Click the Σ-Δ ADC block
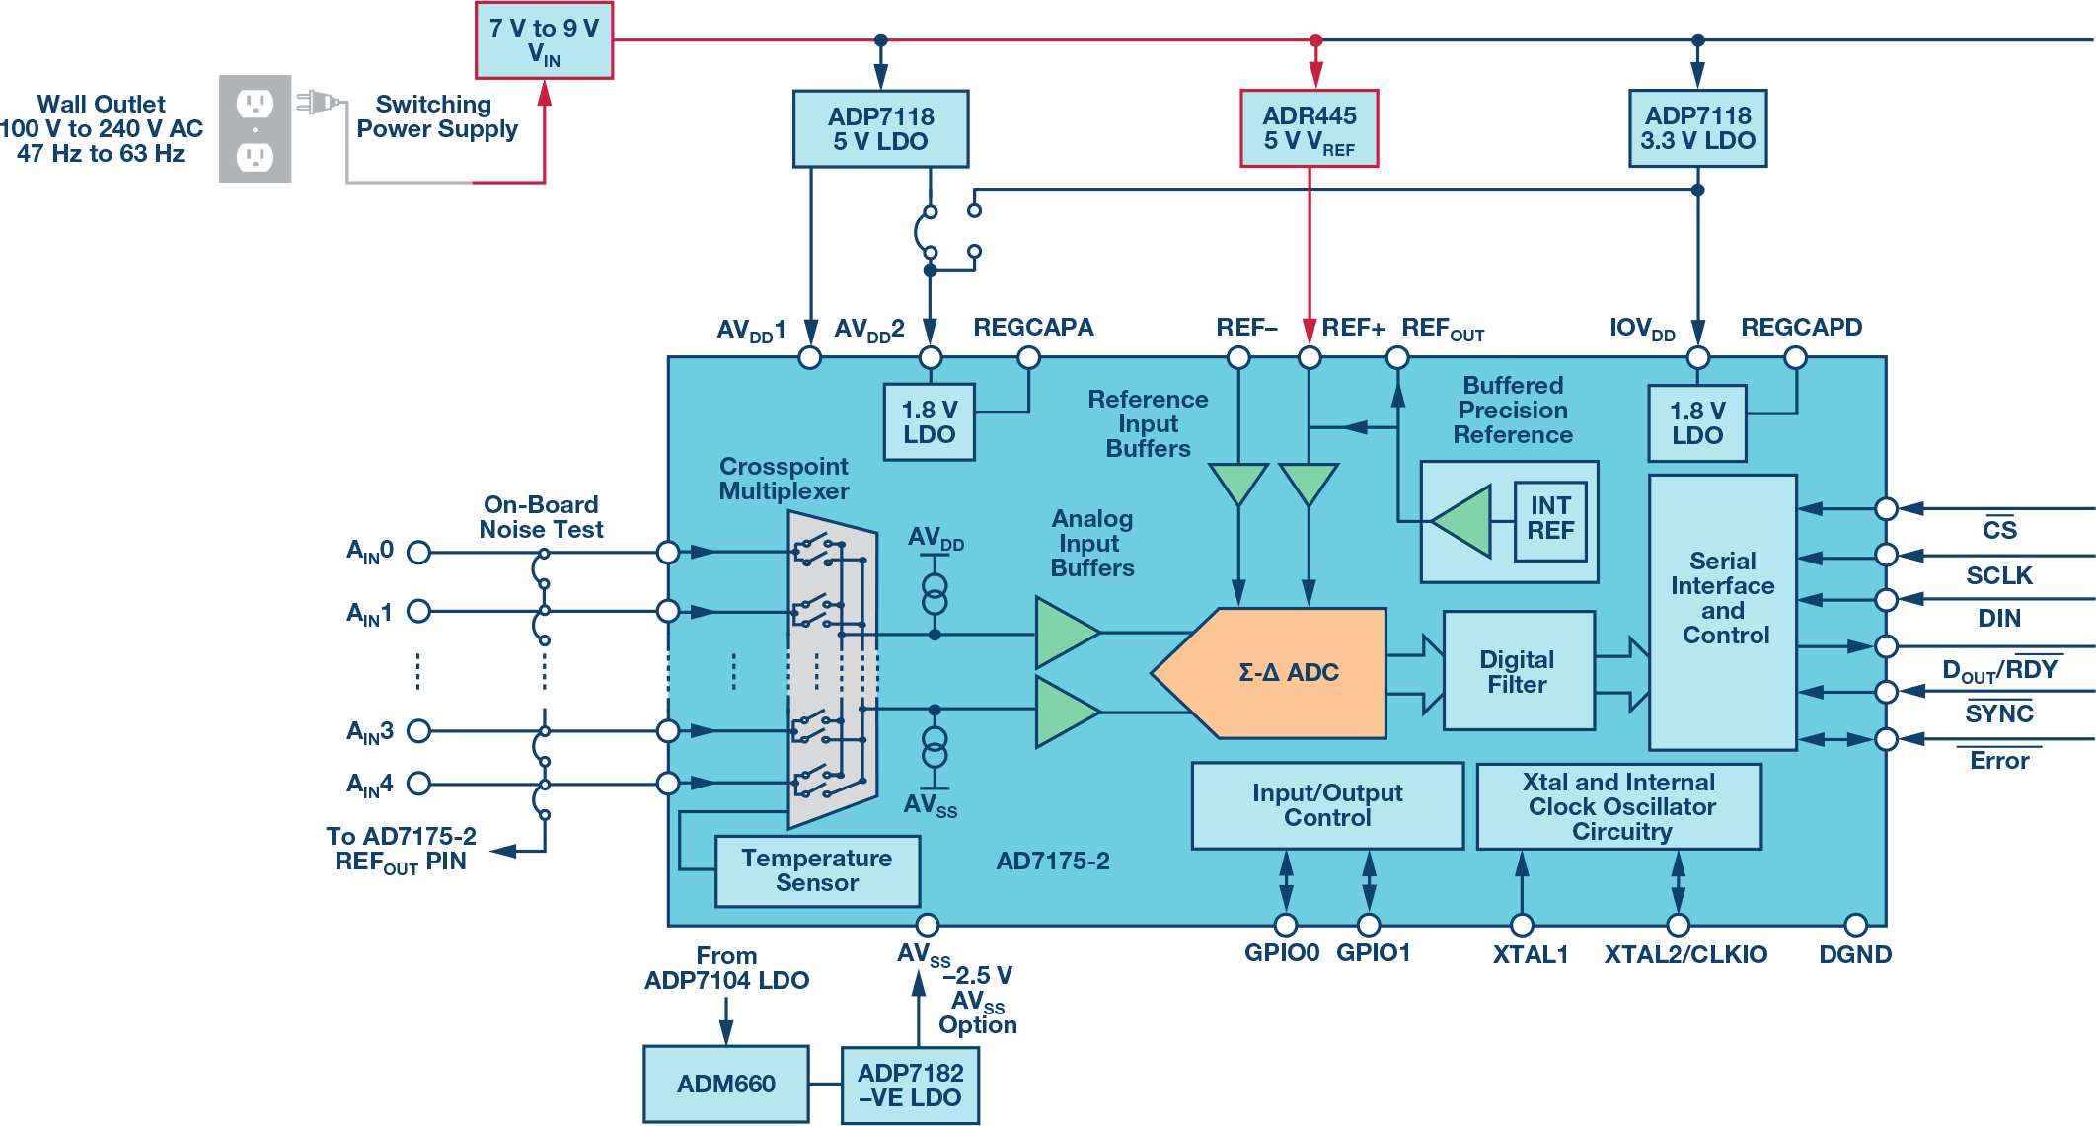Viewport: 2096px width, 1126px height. tap(1283, 673)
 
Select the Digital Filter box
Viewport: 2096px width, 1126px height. tap(1518, 671)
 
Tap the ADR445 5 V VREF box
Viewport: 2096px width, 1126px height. tap(1309, 129)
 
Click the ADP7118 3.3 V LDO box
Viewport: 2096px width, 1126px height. tap(1697, 128)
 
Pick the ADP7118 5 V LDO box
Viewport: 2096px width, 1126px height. tap(880, 129)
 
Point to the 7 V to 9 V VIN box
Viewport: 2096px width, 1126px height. tap(544, 40)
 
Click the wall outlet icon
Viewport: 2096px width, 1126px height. tap(255, 129)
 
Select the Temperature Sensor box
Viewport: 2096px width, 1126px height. tap(817, 870)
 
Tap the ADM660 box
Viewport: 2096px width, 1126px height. tap(725, 1084)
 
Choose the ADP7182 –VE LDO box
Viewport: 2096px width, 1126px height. tap(910, 1085)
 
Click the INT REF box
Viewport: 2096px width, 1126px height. tap(1550, 519)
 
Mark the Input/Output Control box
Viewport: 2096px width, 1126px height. tap(1327, 805)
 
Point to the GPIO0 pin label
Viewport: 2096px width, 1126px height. tap(1281, 953)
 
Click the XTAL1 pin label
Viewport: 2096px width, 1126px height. tap(1530, 955)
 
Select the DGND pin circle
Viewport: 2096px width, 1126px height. tap(1855, 925)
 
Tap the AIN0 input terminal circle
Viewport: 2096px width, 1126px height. tap(418, 553)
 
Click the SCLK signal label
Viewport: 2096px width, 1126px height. tap(1999, 576)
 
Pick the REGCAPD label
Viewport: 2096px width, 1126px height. tap(1801, 328)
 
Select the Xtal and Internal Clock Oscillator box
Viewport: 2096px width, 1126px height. tap(1619, 807)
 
